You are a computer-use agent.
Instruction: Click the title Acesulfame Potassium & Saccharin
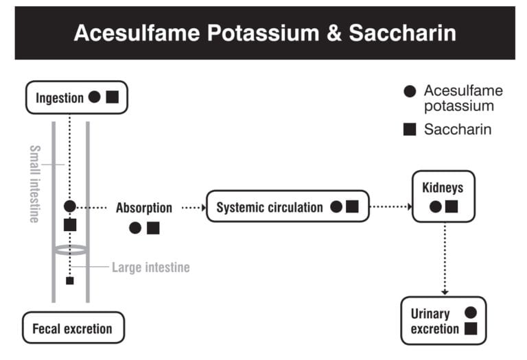[264, 33]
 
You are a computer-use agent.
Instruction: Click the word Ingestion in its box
[59, 97]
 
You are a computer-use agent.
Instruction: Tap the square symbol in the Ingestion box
[113, 97]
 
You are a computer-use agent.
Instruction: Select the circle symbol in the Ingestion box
[95, 97]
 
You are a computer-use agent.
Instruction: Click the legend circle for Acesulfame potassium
[410, 91]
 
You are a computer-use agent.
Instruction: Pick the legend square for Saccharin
[410, 129]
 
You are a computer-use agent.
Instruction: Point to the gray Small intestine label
[34, 183]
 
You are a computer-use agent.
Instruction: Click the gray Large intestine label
[150, 267]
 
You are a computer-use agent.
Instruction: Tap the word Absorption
[143, 208]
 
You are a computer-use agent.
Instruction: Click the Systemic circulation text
[269, 207]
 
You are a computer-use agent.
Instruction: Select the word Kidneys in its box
[443, 187]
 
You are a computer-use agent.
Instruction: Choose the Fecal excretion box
[72, 328]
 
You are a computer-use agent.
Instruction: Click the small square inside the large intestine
[69, 280]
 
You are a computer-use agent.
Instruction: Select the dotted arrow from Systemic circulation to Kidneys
[390, 206]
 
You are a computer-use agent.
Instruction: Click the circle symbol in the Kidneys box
[435, 206]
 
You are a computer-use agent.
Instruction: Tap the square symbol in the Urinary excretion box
[471, 328]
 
